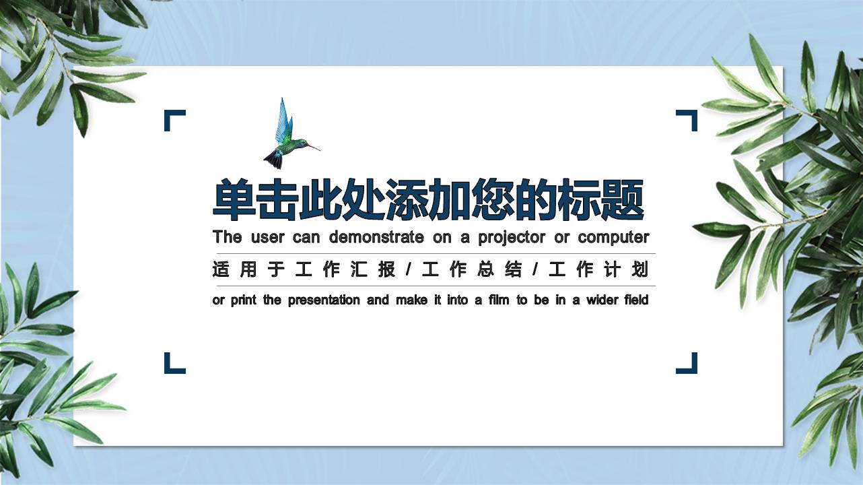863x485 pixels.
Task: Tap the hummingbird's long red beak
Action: (x=312, y=146)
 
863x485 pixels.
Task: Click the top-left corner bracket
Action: (x=174, y=119)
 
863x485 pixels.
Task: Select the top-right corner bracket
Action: (x=687, y=119)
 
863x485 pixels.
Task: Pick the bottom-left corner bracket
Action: (x=174, y=364)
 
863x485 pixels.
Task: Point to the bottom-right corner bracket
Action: (x=687, y=364)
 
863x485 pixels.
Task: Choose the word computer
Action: (x=613, y=238)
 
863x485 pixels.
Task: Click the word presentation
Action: (x=324, y=300)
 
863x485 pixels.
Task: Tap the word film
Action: (x=499, y=300)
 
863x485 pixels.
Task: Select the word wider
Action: (x=602, y=300)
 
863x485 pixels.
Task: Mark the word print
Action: (x=244, y=300)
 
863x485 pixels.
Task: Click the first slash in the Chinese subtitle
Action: (x=408, y=270)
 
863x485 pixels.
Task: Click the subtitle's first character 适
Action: (x=221, y=270)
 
